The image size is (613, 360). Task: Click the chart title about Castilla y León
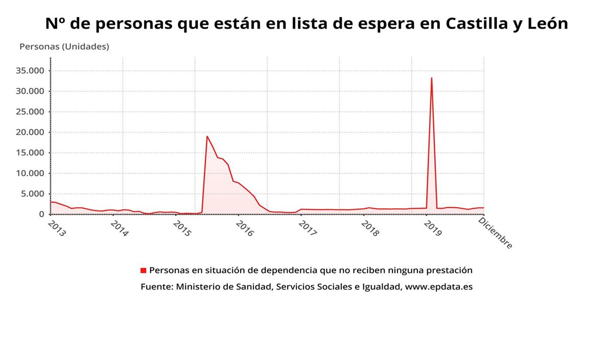tap(306, 23)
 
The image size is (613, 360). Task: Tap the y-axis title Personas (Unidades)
tap(64, 46)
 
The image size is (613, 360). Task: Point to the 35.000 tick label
tap(31, 71)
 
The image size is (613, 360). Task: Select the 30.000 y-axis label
tap(31, 91)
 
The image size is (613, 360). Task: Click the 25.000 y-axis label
tap(31, 112)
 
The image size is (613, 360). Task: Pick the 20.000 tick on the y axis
tap(31, 132)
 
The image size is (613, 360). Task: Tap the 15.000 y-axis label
tap(31, 153)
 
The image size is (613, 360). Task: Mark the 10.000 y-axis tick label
tap(31, 173)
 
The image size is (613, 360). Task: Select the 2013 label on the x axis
tap(57, 228)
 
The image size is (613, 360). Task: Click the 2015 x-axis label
tap(182, 228)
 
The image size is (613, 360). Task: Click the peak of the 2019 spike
tap(432, 78)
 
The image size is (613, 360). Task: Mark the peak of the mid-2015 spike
tap(207, 136)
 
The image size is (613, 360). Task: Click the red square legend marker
tap(144, 270)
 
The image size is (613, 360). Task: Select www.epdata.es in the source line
tap(439, 287)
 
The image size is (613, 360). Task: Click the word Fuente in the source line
tap(156, 287)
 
